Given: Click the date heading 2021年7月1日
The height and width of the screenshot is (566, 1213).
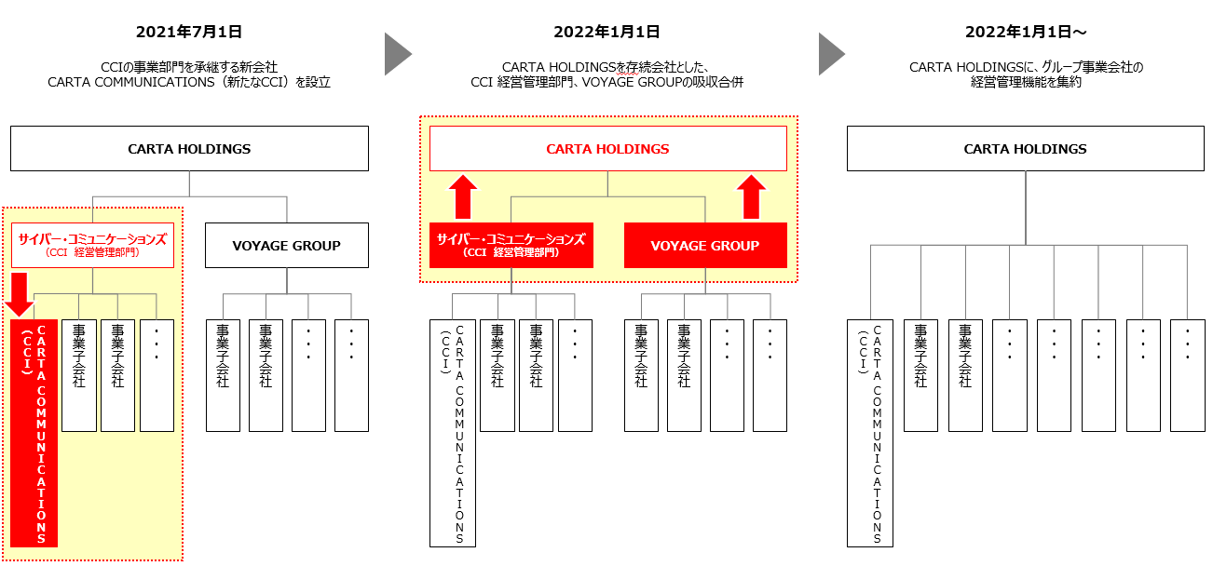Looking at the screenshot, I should pos(189,33).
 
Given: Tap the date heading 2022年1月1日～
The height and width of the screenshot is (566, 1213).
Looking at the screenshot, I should pos(1026,33).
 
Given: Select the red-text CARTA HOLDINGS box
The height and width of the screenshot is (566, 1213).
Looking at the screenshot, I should pos(607,149).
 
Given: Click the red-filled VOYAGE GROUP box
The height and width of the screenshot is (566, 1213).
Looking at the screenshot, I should pos(705,246).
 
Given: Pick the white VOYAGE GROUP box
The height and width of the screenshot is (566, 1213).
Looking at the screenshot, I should pos(286,246).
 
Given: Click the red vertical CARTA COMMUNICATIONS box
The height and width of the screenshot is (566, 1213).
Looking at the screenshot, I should pos(34,433).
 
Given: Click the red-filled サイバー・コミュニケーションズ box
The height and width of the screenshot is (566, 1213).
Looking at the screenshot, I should pos(511,245).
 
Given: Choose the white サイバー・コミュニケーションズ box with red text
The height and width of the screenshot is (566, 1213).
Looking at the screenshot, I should pos(92,245).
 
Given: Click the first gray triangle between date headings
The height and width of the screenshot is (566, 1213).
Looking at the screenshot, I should pos(398,55).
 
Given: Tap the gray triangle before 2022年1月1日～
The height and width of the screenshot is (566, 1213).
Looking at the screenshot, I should pos(831,55).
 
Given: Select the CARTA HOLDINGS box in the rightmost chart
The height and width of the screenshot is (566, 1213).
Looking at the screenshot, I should pos(1025,149).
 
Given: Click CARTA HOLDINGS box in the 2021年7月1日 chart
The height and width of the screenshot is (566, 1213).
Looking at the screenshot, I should pos(189,149).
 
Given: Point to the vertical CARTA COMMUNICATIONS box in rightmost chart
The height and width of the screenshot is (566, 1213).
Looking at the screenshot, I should pos(870,433).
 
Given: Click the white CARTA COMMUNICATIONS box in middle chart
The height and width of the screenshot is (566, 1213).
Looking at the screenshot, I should pos(453,433).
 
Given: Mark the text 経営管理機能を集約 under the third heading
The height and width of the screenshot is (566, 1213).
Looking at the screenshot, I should pos(1026,83).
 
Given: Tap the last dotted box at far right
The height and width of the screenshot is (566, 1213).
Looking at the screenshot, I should pos(1187,375).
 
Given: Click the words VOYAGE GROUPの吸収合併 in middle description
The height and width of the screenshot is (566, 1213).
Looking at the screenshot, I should pos(671,83).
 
